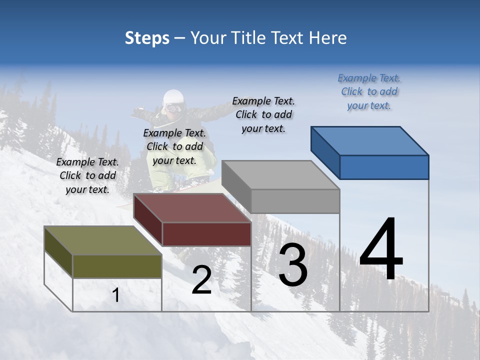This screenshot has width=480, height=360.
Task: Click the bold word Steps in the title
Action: click(x=147, y=38)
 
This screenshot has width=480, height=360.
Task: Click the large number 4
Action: click(x=381, y=250)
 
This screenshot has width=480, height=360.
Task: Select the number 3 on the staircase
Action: click(x=293, y=264)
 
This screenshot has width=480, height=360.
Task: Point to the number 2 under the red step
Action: click(x=201, y=280)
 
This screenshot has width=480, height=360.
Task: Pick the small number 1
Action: click(x=116, y=295)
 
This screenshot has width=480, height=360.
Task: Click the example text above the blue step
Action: click(x=369, y=91)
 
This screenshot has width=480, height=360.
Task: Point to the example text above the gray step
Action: click(x=263, y=114)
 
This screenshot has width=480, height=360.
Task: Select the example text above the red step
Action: click(x=174, y=146)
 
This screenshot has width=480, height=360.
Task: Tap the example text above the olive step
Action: click(x=87, y=175)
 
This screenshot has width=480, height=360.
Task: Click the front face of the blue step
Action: click(x=384, y=167)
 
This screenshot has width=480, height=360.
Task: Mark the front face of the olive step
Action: click(x=117, y=266)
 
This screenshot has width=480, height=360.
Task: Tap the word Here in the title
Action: click(x=328, y=38)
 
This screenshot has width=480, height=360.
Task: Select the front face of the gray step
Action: click(x=295, y=201)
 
